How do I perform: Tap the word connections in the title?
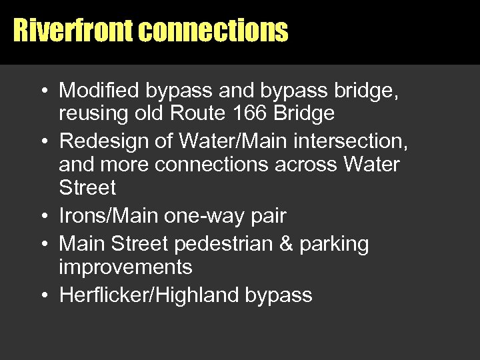[215, 31]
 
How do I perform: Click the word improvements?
[125, 267]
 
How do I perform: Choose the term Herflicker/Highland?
[149, 295]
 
